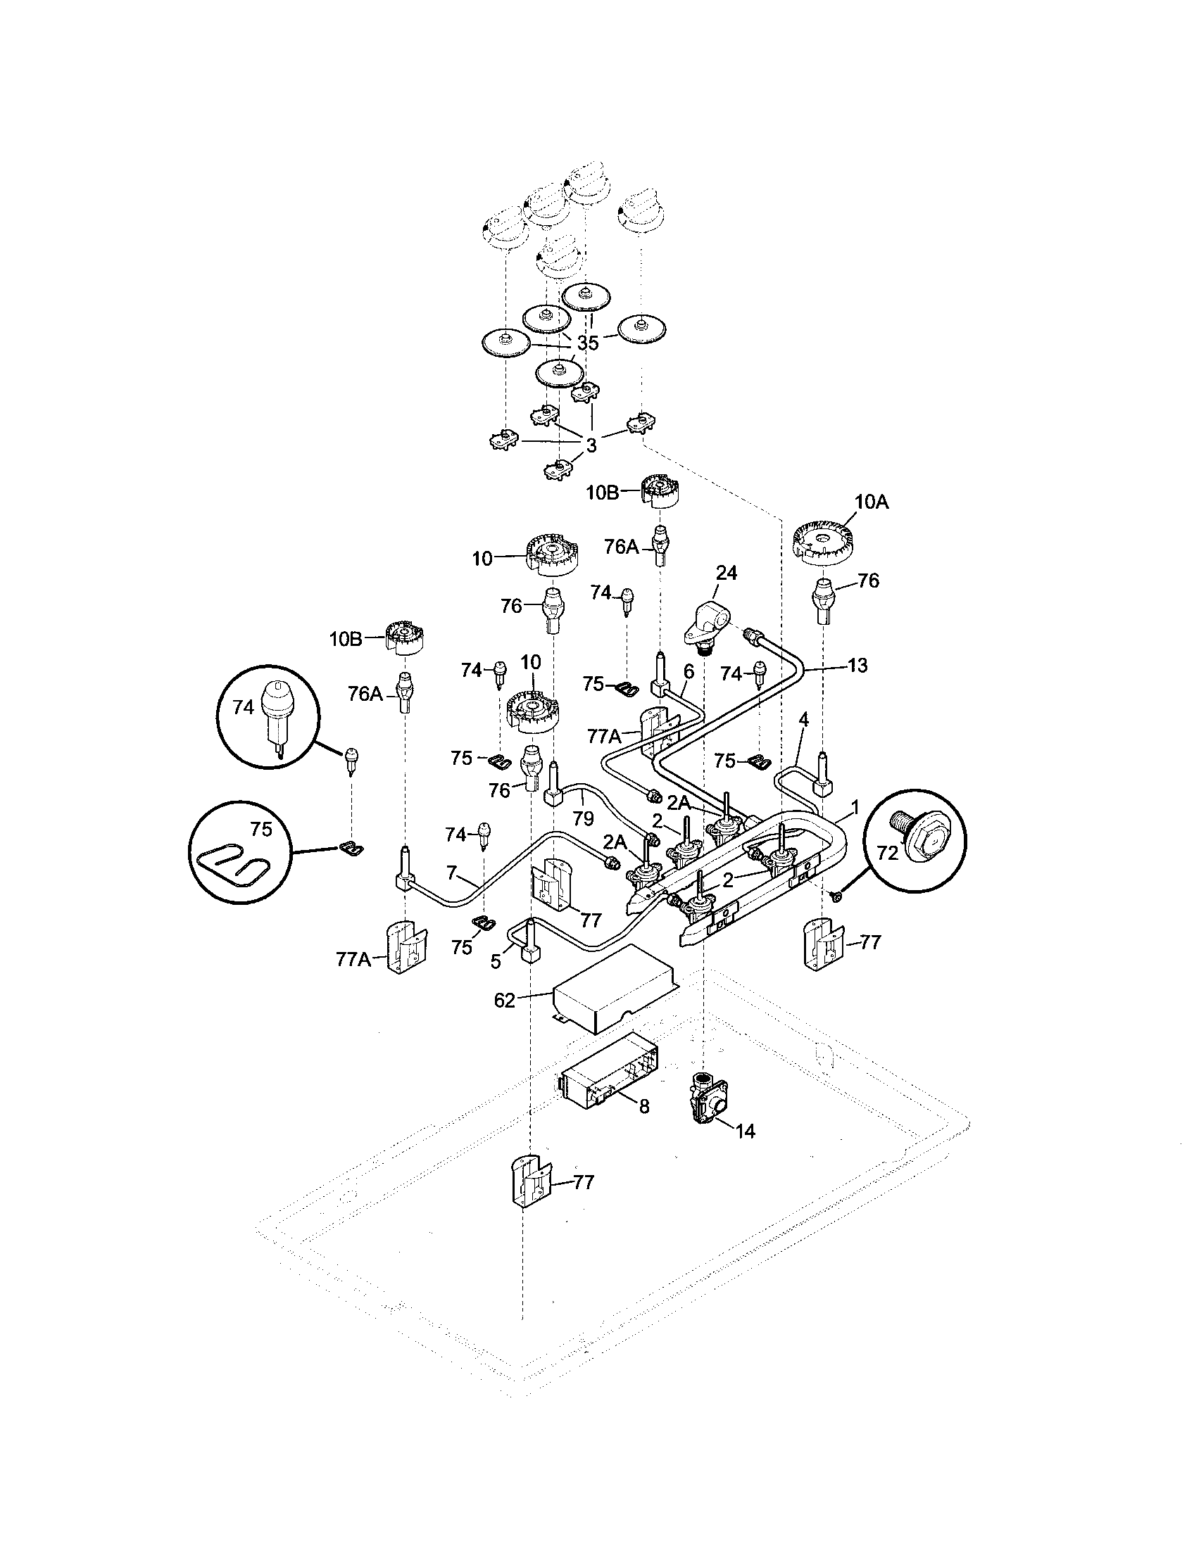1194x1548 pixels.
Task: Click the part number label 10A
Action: pyautogui.click(x=872, y=502)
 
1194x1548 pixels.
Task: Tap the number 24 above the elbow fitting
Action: pyautogui.click(x=726, y=573)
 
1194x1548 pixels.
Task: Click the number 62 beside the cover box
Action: pyautogui.click(x=504, y=1001)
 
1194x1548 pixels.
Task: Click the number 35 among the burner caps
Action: pyautogui.click(x=588, y=343)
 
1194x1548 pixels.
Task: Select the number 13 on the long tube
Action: pyautogui.click(x=857, y=666)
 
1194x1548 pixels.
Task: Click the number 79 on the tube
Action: pyautogui.click(x=583, y=818)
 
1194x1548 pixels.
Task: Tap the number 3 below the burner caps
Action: pyautogui.click(x=591, y=445)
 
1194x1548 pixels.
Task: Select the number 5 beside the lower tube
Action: pyautogui.click(x=495, y=961)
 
